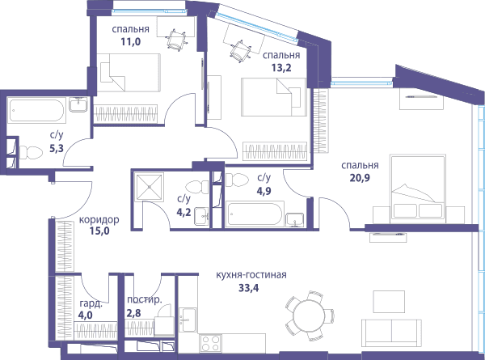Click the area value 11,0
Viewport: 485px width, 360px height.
(130, 41)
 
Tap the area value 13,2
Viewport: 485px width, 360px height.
(281, 67)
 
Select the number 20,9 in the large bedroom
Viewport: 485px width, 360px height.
(360, 178)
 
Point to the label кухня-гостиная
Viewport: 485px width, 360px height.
(251, 275)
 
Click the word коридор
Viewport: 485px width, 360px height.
(99, 220)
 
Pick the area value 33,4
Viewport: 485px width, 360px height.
(249, 288)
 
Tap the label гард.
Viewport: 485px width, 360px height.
(91, 303)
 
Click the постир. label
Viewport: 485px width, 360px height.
(145, 299)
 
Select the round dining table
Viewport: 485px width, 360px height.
(309, 316)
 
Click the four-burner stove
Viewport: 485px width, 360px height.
(210, 343)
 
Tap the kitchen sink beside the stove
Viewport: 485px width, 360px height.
(188, 320)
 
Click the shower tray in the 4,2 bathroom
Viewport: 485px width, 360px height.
(150, 187)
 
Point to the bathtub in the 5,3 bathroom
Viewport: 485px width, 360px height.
(37, 110)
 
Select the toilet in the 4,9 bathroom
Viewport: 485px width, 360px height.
(237, 180)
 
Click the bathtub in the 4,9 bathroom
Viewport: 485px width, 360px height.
(255, 214)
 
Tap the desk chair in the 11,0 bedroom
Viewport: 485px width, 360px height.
(176, 40)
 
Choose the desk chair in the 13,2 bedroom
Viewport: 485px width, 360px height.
(240, 51)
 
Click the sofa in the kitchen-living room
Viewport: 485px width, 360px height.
(391, 333)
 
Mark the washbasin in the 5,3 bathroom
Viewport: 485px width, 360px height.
(78, 104)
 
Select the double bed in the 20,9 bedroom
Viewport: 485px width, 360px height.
(418, 188)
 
